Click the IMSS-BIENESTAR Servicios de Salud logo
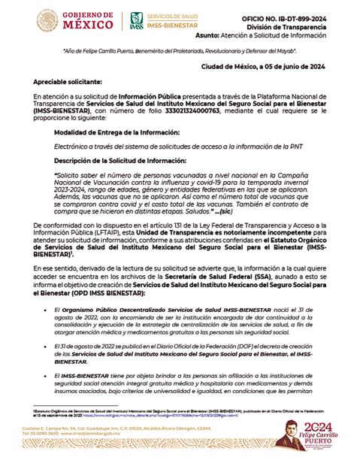tap(159, 21)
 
